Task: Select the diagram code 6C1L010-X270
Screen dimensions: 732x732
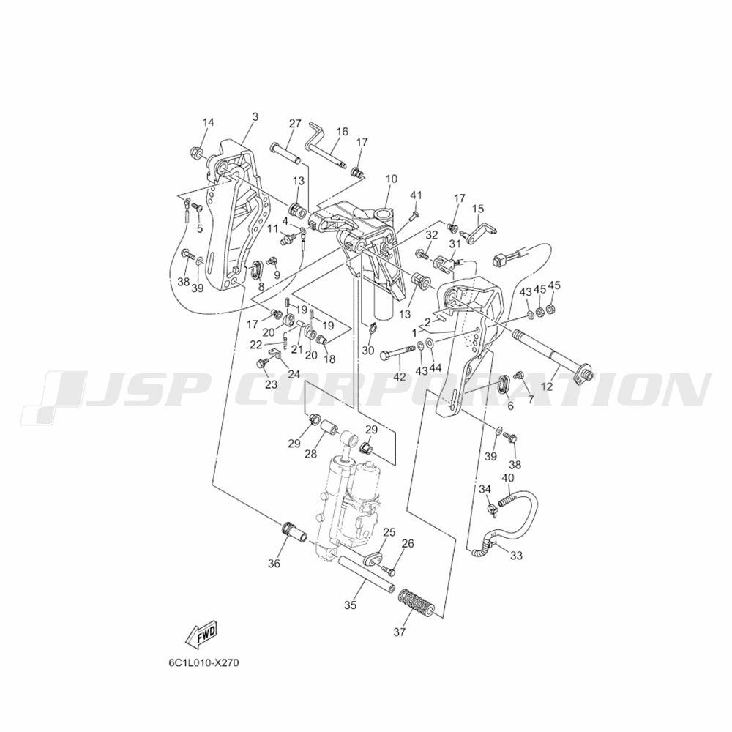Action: click(204, 663)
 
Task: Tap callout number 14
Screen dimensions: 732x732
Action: click(208, 122)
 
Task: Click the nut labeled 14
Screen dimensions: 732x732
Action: click(196, 152)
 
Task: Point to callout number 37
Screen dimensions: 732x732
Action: click(400, 632)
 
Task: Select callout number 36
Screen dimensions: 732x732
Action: click(274, 564)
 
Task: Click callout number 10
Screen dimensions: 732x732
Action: click(392, 179)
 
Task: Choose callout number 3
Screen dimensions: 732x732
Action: click(255, 116)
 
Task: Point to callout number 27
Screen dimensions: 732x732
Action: click(294, 124)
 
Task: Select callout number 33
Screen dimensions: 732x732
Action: click(516, 556)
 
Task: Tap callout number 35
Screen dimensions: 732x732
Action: click(350, 605)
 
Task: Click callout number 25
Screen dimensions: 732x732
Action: click(389, 531)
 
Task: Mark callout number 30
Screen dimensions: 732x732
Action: click(368, 350)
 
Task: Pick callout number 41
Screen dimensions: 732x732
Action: click(416, 195)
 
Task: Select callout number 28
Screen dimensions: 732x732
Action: click(310, 454)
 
